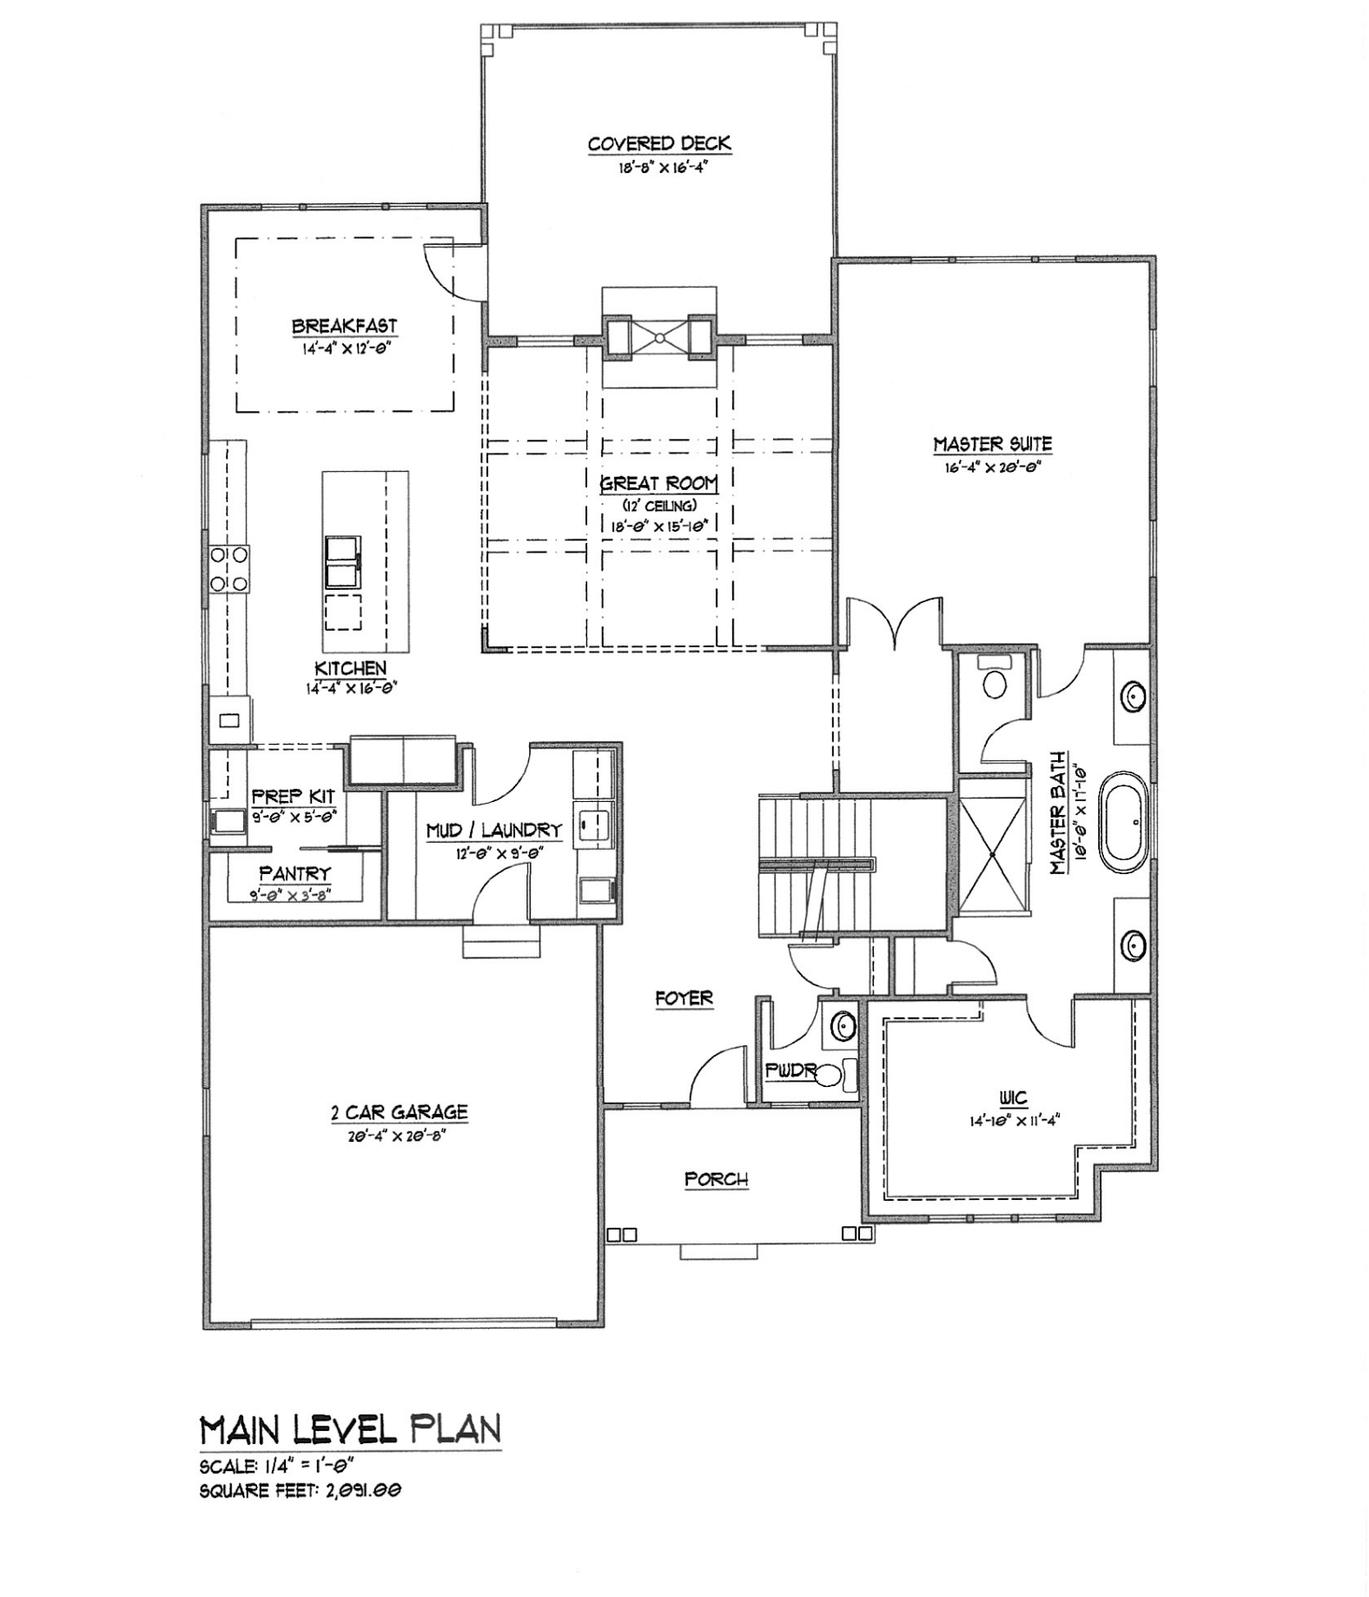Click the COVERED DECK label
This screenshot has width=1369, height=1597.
[x=659, y=144]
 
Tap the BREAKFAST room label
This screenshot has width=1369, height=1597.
[x=344, y=327]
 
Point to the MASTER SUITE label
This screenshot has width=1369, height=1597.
[x=992, y=444]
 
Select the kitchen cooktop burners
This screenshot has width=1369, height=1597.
[x=228, y=569]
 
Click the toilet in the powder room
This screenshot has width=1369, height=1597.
[x=832, y=1076]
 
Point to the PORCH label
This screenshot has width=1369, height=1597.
[x=717, y=1179]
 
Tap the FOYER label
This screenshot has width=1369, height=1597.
[x=684, y=998]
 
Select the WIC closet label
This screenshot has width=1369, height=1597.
[x=1013, y=1098]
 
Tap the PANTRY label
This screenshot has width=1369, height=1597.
[x=294, y=873]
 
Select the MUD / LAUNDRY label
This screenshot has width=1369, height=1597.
[x=493, y=831]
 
